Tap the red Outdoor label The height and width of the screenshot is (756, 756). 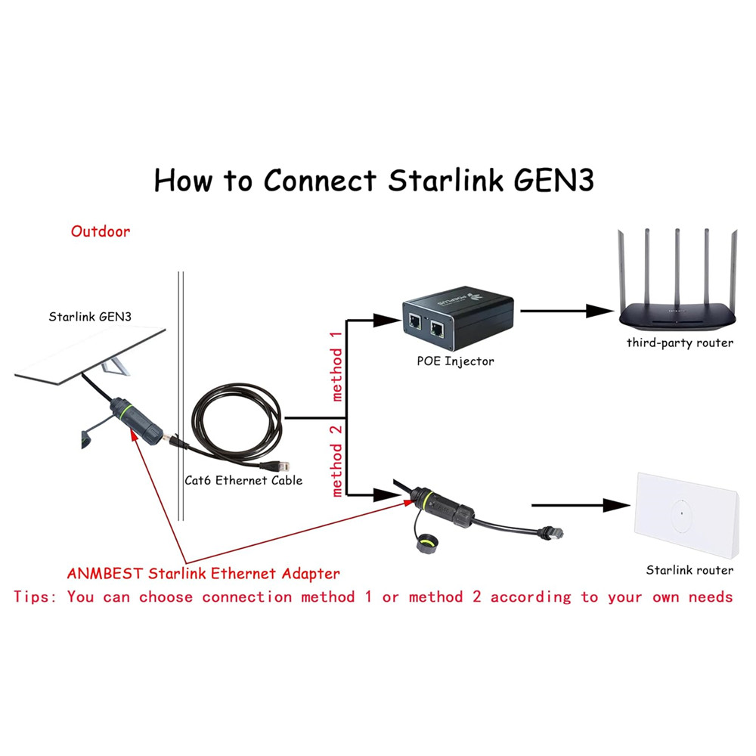101,231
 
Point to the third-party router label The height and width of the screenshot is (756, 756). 680,342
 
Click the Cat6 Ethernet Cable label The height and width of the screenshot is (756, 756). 243,480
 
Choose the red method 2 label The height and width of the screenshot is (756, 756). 336,460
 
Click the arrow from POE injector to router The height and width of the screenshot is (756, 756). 567,310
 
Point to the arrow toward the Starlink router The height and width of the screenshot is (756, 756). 582,506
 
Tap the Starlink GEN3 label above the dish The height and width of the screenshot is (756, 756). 90,317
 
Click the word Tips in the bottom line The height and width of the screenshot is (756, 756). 35,597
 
